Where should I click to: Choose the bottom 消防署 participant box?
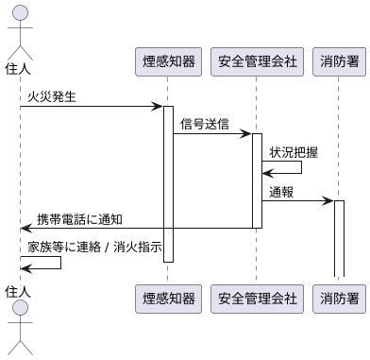[x=339, y=299]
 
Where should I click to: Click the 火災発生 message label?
[x=52, y=96]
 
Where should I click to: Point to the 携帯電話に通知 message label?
[x=79, y=218]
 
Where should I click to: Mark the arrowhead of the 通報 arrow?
[x=329, y=200]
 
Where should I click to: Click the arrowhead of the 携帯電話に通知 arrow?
[x=25, y=228]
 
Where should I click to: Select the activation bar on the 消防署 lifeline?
[x=339, y=236]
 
